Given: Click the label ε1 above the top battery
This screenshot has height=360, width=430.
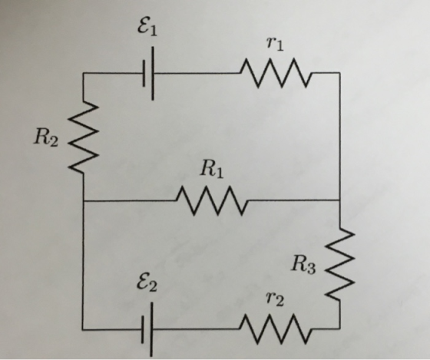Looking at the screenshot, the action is pyautogui.click(x=147, y=28).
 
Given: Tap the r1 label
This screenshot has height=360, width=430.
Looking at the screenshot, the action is pyautogui.click(x=275, y=44).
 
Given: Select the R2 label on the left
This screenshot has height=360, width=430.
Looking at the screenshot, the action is pyautogui.click(x=46, y=137).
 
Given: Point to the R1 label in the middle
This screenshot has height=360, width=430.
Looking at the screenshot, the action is pyautogui.click(x=212, y=169).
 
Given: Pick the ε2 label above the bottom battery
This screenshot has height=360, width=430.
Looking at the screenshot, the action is pyautogui.click(x=147, y=283).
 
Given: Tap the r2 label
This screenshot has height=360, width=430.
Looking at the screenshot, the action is pyautogui.click(x=275, y=299).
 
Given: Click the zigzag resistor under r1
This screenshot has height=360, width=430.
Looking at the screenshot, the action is pyautogui.click(x=276, y=73).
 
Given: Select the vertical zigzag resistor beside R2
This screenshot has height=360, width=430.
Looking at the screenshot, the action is pyautogui.click(x=83, y=137).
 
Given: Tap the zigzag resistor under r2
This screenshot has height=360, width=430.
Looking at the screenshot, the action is pyautogui.click(x=276, y=329).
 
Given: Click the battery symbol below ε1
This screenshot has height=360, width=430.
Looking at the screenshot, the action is pyautogui.click(x=148, y=74).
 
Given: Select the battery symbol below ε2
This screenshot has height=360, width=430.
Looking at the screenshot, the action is pyautogui.click(x=147, y=329).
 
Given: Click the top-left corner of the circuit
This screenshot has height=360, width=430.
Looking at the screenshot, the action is pyautogui.click(x=84, y=73).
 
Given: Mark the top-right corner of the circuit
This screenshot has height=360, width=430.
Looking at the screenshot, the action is pyautogui.click(x=340, y=73).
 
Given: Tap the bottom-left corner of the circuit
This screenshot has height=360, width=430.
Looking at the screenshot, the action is pyautogui.click(x=83, y=329).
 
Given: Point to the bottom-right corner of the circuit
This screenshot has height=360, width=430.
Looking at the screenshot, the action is pyautogui.click(x=340, y=329).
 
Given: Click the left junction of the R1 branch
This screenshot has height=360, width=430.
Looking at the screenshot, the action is pyautogui.click(x=84, y=201).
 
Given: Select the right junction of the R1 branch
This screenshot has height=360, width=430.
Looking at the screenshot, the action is pyautogui.click(x=340, y=200).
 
